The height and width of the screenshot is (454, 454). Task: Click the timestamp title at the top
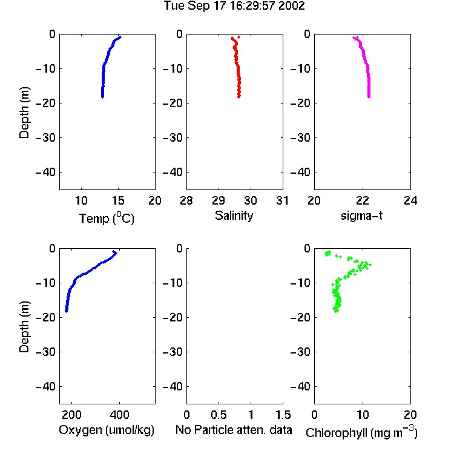click(x=234, y=6)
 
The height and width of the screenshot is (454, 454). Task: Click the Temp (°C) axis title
click(x=107, y=219)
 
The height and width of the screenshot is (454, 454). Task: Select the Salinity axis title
click(x=234, y=216)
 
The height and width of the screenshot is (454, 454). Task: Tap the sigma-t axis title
click(x=361, y=215)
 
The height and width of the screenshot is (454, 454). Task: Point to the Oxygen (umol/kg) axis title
click(x=107, y=430)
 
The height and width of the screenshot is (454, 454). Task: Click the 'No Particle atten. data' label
click(x=234, y=430)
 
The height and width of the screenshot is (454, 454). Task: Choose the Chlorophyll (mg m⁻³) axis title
click(x=361, y=432)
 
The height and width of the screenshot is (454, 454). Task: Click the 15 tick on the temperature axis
click(x=118, y=200)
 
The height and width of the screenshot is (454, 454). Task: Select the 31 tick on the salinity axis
click(x=282, y=200)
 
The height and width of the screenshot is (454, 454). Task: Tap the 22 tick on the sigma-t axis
click(x=362, y=200)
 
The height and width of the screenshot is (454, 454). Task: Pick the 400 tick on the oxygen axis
click(x=119, y=415)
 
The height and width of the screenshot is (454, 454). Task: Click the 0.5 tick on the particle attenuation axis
click(x=219, y=415)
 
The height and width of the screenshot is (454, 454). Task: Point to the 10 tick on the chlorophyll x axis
click(x=363, y=415)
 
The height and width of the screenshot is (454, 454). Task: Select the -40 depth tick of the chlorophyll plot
click(x=300, y=386)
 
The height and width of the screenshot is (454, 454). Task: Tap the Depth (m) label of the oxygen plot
click(x=24, y=327)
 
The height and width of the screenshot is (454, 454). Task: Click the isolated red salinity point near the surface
click(x=239, y=37)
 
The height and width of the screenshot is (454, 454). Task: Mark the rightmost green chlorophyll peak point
click(x=369, y=265)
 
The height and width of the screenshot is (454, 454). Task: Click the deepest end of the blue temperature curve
click(x=102, y=97)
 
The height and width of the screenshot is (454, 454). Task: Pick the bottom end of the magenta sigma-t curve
click(x=369, y=97)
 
